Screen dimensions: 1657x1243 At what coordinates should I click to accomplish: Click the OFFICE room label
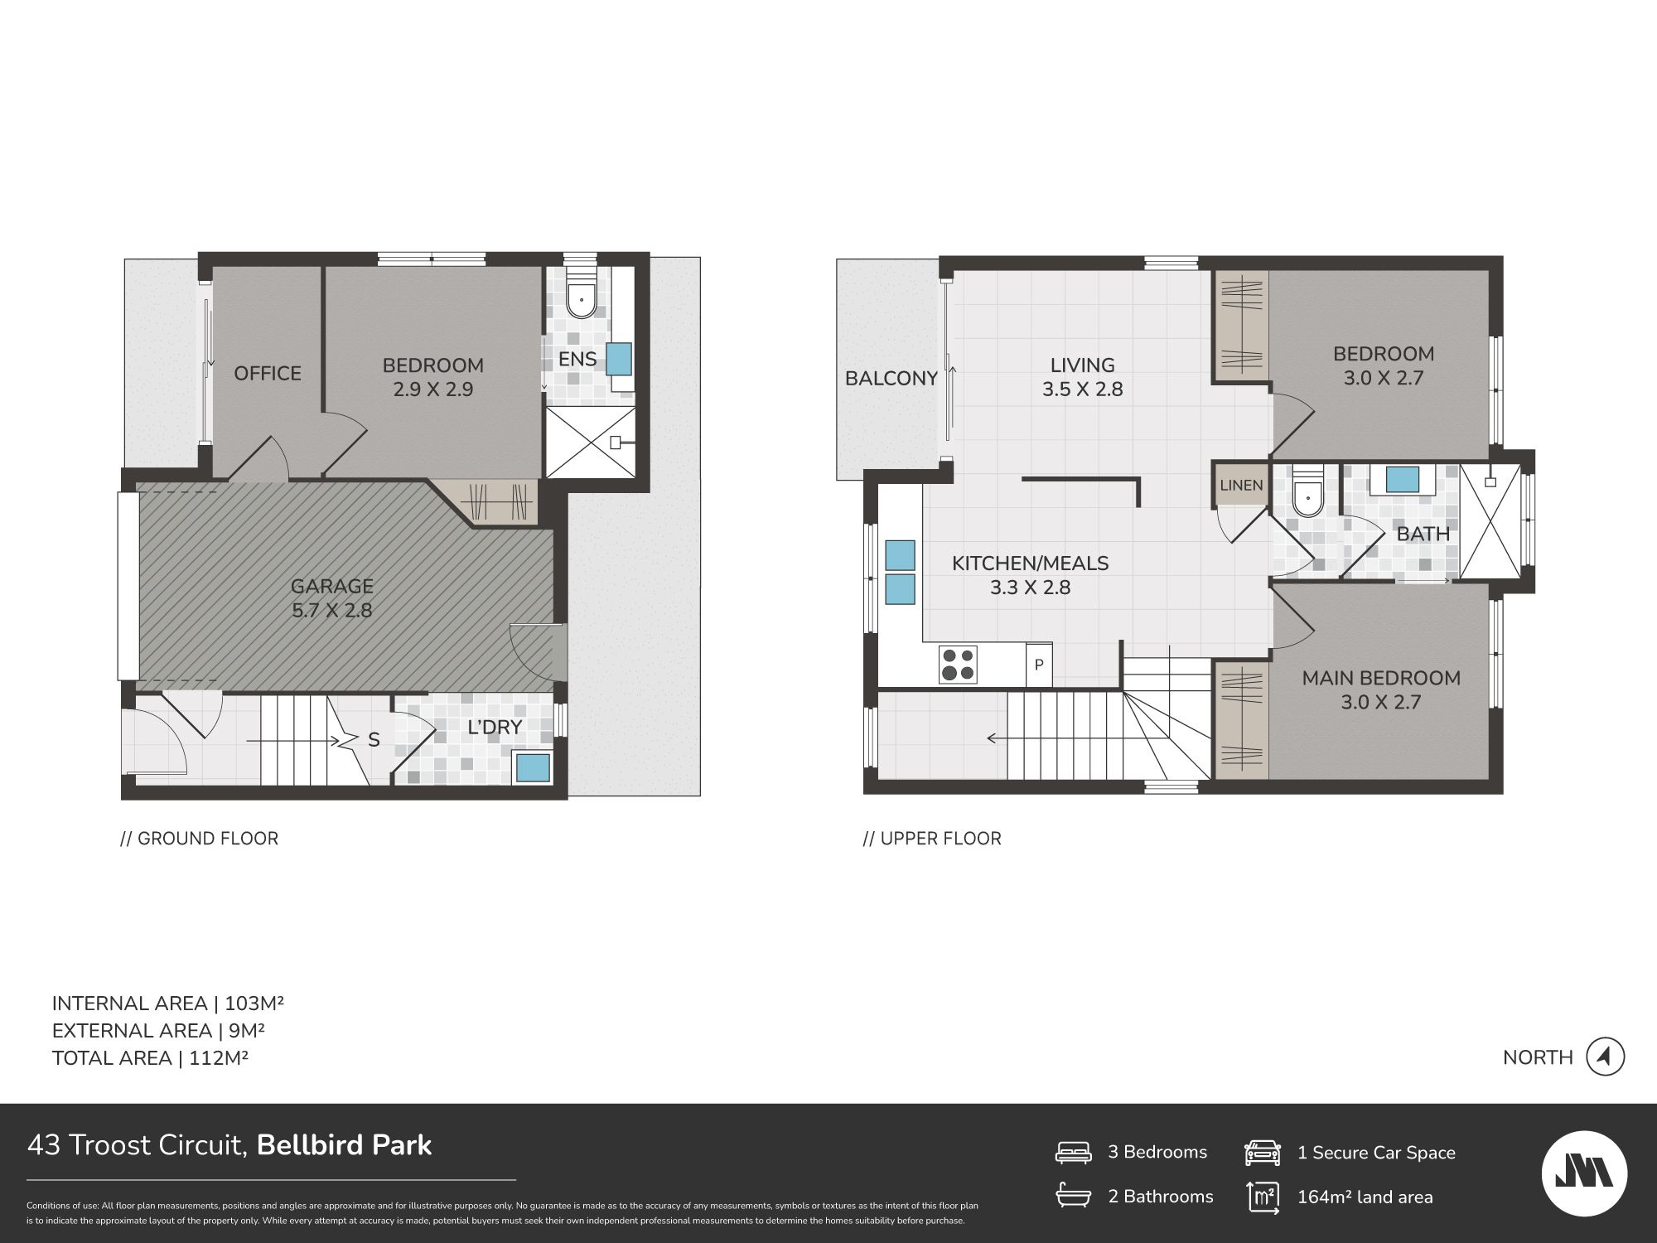tap(267, 374)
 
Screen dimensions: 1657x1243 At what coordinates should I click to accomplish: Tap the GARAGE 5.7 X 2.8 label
tap(331, 598)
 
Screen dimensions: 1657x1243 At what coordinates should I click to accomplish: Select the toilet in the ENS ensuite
tap(582, 295)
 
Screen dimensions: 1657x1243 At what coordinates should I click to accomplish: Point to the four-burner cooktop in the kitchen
tap(958, 665)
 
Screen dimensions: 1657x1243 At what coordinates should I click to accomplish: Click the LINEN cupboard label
tap(1241, 486)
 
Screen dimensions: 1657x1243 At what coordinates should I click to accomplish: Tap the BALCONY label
tap(891, 379)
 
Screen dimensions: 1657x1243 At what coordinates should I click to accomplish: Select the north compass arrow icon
tap(1605, 1057)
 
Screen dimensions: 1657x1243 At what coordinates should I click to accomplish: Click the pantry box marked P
tap(1039, 665)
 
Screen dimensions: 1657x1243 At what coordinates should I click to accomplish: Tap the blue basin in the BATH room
tap(1402, 480)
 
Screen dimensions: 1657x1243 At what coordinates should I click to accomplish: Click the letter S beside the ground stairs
tap(374, 740)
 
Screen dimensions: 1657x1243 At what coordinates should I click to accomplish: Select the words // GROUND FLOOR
tap(200, 839)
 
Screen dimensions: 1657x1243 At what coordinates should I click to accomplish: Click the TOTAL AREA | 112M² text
tap(151, 1058)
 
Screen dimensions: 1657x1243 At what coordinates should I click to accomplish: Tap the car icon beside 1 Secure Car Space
tap(1263, 1153)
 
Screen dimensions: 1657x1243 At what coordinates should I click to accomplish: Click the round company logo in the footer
tap(1584, 1174)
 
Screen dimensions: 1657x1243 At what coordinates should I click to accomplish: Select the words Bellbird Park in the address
tap(345, 1145)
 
